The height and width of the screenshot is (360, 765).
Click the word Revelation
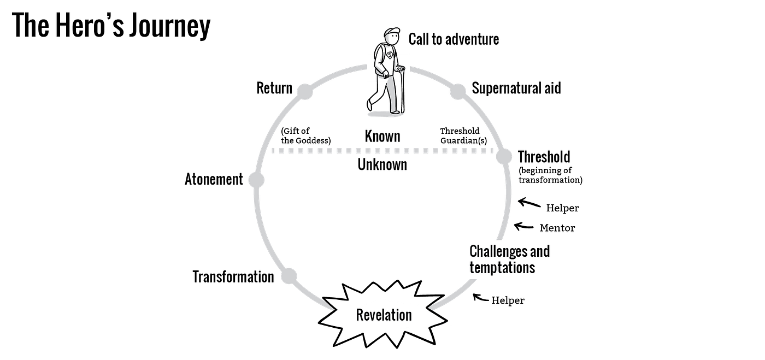tap(384, 315)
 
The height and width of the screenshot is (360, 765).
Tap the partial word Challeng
tap(492, 251)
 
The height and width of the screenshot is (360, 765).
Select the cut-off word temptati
tap(492, 267)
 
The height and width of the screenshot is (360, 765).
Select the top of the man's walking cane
tap(402, 69)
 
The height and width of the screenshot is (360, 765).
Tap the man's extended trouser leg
tap(391, 96)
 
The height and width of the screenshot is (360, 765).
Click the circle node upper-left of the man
tap(304, 92)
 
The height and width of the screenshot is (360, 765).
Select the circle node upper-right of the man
tap(458, 92)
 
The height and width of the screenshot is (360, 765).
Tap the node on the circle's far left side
tap(256, 179)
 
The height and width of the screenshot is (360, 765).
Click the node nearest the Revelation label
tap(289, 275)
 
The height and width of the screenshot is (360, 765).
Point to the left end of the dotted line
tap(274, 150)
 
